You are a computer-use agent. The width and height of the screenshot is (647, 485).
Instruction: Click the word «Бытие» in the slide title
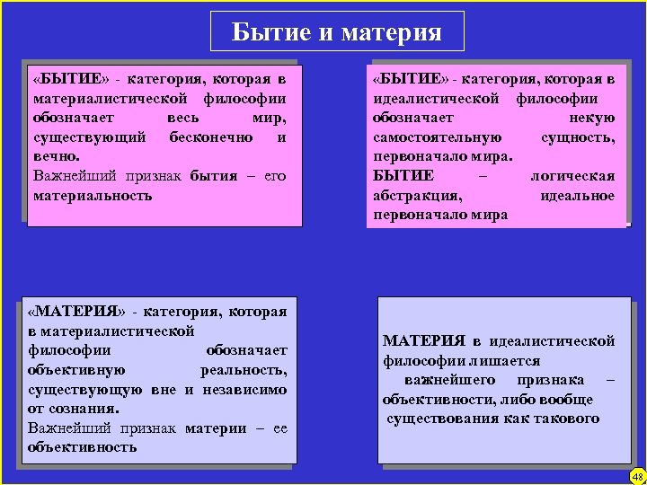265,32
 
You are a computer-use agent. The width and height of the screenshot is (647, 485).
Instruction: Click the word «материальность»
93,195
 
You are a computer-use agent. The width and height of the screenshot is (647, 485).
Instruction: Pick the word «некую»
592,118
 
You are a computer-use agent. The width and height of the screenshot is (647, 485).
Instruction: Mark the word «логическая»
572,176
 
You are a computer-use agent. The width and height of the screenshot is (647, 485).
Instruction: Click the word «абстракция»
418,196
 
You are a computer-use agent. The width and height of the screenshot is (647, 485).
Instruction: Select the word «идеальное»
578,196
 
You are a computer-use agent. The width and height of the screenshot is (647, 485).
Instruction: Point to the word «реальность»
244,370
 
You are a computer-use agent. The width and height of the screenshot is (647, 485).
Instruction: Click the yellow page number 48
637,476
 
